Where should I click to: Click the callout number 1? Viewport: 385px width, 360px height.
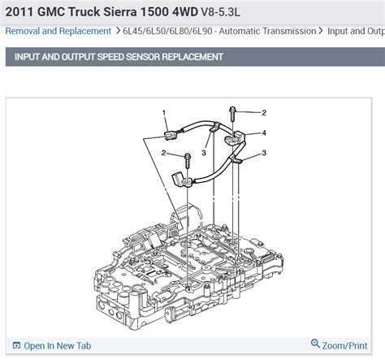tap(164, 112)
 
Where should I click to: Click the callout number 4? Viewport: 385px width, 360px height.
tap(264, 132)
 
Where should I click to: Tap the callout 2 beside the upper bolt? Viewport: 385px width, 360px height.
tap(264, 113)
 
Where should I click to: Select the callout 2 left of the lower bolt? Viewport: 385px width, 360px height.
tap(163, 153)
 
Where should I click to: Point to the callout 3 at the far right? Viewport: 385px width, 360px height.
tap(264, 153)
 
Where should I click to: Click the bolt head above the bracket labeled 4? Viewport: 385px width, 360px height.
tap(232, 110)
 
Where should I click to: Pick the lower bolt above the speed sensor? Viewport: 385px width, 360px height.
tap(188, 162)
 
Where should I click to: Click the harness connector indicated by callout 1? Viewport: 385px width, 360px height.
tap(170, 135)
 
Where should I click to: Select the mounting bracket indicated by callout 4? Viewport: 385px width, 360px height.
tap(234, 137)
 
